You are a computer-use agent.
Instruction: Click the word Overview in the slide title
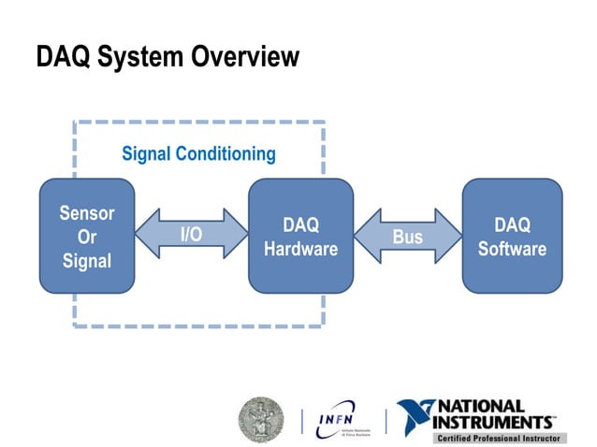[x=245, y=57]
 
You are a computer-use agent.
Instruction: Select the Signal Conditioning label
[x=198, y=153]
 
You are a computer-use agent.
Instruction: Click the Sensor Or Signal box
[x=87, y=237]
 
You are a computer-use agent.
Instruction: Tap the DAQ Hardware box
[x=300, y=237]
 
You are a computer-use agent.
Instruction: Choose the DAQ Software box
[x=512, y=237]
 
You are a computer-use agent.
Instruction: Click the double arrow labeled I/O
[x=191, y=235]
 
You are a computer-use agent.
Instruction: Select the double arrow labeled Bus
[x=407, y=237]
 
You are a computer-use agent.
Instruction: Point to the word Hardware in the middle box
[x=300, y=250]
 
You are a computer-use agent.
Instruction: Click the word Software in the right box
[x=512, y=250]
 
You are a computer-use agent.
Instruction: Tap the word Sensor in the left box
[x=87, y=213]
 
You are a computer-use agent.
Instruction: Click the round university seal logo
[x=261, y=419]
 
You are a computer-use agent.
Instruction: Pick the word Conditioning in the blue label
[x=226, y=153]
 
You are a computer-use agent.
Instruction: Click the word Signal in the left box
[x=87, y=261]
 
